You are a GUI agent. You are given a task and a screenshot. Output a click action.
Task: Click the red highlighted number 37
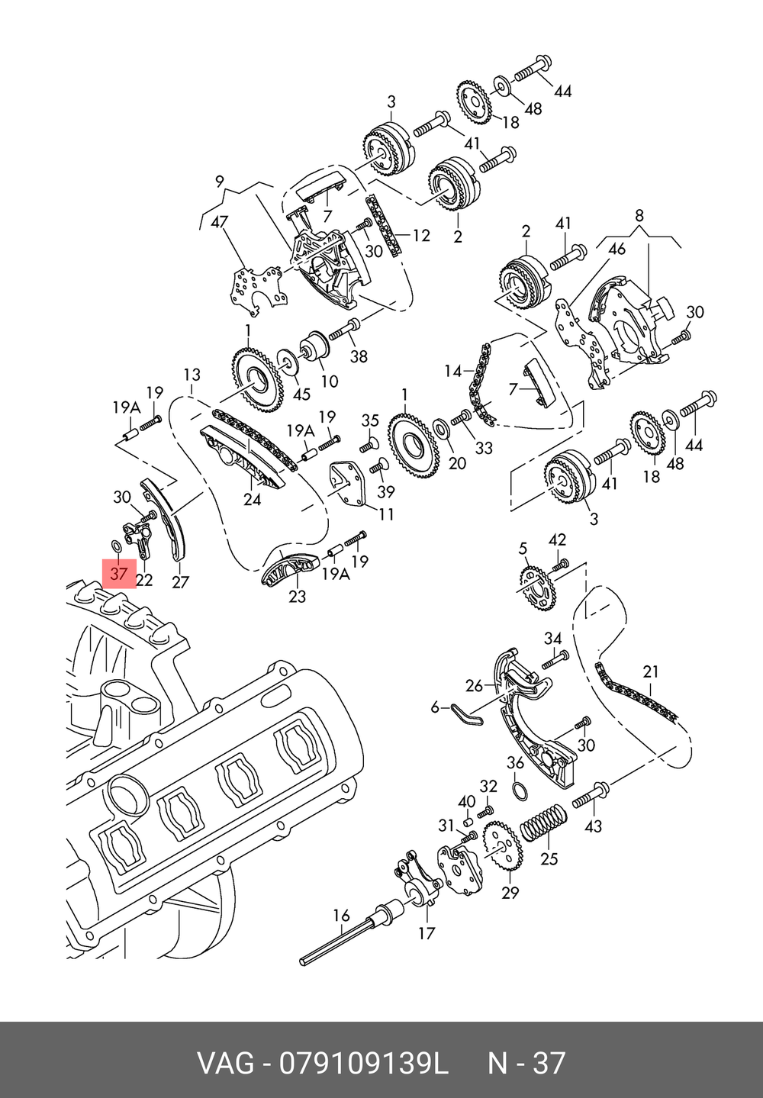pos(118,572)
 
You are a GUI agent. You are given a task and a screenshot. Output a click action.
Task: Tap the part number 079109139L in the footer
pos(363,1063)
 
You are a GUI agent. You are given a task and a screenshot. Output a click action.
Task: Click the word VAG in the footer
pos(225,1063)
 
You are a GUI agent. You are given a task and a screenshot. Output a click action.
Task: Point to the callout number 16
pos(341,915)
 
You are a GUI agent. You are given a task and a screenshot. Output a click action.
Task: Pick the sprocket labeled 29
pos(501,850)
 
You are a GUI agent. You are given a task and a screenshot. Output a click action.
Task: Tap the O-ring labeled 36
pos(519,791)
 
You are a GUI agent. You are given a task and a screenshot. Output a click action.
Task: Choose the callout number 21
pos(650,672)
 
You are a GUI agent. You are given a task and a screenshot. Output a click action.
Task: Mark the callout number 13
pos(192,375)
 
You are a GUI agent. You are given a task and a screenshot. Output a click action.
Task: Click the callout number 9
pos(220,182)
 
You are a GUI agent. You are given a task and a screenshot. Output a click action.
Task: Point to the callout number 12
pos(421,236)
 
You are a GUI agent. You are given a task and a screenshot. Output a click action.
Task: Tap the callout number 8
pos(639,215)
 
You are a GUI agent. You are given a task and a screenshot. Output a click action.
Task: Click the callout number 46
pos(617,249)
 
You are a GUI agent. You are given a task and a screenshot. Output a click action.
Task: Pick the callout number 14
pos(453,372)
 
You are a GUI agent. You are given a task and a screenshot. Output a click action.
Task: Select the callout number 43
pos(593,826)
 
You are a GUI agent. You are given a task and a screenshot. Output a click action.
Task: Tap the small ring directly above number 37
pos(117,546)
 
